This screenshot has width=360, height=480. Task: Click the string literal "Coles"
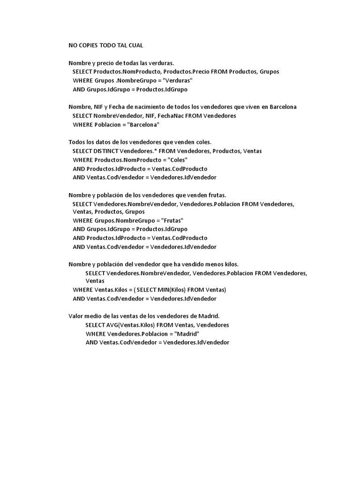[178, 160]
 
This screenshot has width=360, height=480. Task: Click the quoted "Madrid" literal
[187, 334]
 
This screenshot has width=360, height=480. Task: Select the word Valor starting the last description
[76, 316]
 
